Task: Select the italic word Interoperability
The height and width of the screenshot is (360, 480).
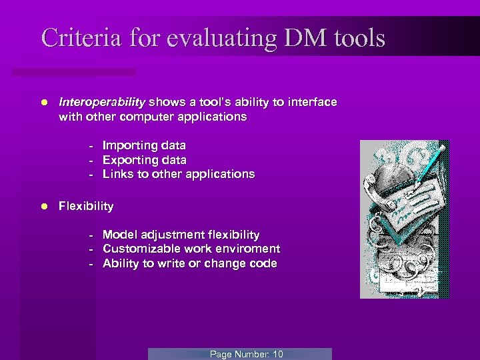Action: point(102,102)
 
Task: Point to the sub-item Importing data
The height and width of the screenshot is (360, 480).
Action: point(144,145)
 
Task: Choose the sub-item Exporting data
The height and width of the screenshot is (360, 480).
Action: point(144,160)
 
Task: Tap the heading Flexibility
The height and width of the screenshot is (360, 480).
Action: point(86,206)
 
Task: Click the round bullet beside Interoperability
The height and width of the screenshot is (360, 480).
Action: point(43,103)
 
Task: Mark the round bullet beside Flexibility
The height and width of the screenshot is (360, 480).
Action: point(43,207)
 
